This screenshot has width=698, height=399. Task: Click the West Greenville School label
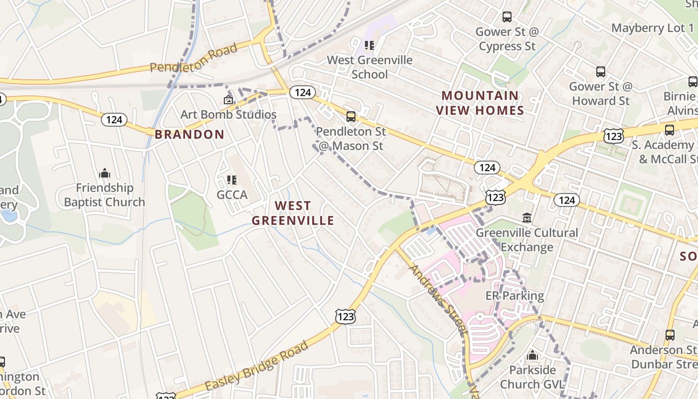(369, 67)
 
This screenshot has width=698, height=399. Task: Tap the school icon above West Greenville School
(369, 46)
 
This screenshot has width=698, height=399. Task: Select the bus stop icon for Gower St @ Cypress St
(507, 17)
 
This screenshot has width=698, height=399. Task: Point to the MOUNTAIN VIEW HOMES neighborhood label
(480, 103)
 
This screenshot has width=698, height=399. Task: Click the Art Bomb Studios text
(228, 114)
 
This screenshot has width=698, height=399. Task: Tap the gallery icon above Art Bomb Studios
(228, 100)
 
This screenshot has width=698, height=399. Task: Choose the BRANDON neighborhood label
(189, 134)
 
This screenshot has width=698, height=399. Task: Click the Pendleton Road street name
(193, 59)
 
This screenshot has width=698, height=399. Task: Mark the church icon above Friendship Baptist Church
(105, 174)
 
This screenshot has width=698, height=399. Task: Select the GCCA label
(232, 195)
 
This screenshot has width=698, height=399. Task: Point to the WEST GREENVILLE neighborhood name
(293, 213)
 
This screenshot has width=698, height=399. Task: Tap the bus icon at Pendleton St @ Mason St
(351, 117)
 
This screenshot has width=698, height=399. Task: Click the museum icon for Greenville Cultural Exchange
(527, 218)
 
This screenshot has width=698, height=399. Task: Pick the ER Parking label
(515, 296)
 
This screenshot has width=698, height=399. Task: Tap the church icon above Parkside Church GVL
(532, 356)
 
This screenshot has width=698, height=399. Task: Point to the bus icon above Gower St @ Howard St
(601, 72)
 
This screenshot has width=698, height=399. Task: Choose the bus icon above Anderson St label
(670, 335)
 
